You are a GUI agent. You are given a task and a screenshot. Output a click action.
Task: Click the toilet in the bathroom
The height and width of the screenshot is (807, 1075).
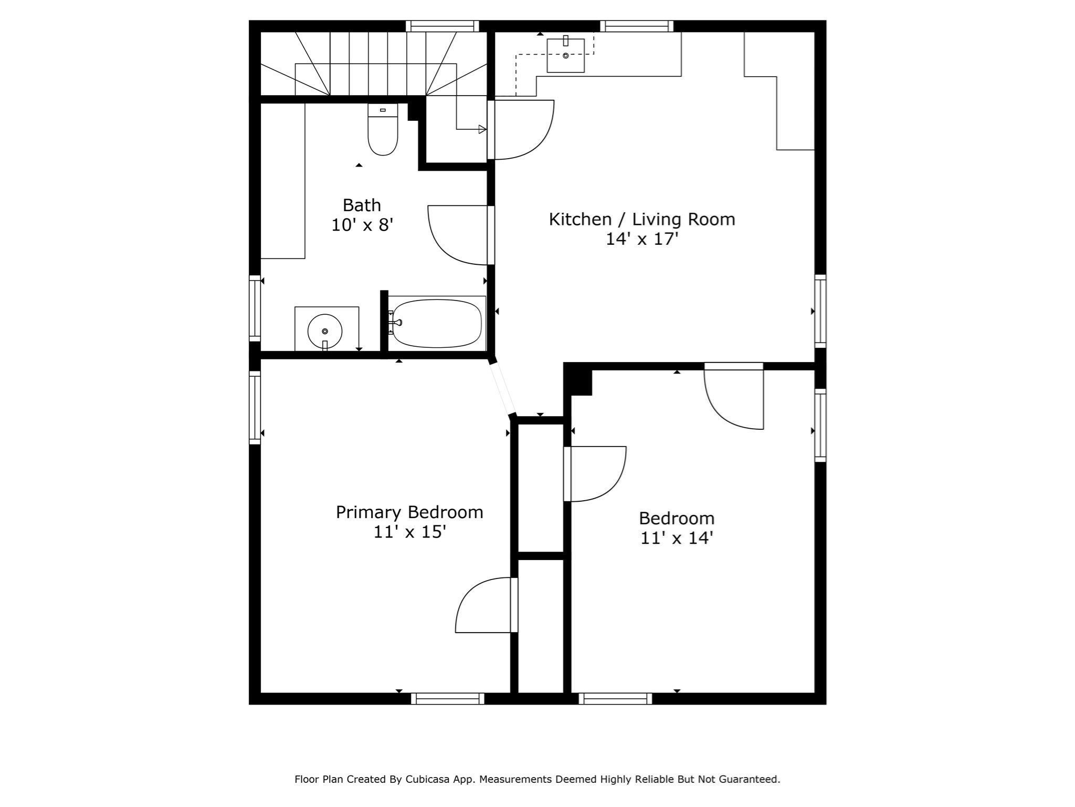coord(383,129)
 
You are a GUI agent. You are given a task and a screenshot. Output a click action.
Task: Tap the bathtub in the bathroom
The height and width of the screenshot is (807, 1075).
coord(437,323)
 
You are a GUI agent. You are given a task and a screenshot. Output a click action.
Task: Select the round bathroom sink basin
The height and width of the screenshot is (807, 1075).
coord(325,331)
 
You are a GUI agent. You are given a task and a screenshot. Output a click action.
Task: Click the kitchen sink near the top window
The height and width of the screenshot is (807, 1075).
coord(565,55)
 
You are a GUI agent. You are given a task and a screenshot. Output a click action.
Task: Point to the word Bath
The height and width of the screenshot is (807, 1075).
coord(362,205)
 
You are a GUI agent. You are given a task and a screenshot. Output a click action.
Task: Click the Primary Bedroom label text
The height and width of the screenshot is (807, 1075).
coord(409,512)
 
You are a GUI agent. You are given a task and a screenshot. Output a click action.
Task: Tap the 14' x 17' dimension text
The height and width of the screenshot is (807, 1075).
coord(642,239)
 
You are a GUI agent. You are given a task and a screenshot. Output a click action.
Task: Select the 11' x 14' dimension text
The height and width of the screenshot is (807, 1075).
coord(677,538)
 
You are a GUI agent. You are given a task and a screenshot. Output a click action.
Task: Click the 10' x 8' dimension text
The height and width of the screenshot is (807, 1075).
coord(362,225)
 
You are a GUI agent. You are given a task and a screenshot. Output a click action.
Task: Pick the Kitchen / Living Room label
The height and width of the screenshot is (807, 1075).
coord(642,219)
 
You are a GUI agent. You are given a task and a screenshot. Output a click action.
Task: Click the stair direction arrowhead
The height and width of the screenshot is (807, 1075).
coord(482,129)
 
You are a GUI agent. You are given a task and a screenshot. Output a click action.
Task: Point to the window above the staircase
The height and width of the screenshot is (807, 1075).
coord(442,26)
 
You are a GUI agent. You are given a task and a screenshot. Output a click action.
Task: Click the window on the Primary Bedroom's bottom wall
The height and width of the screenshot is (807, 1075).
coord(447,698)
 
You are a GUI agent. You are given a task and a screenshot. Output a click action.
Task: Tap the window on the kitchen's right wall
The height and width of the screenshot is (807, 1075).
coord(820,311)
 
